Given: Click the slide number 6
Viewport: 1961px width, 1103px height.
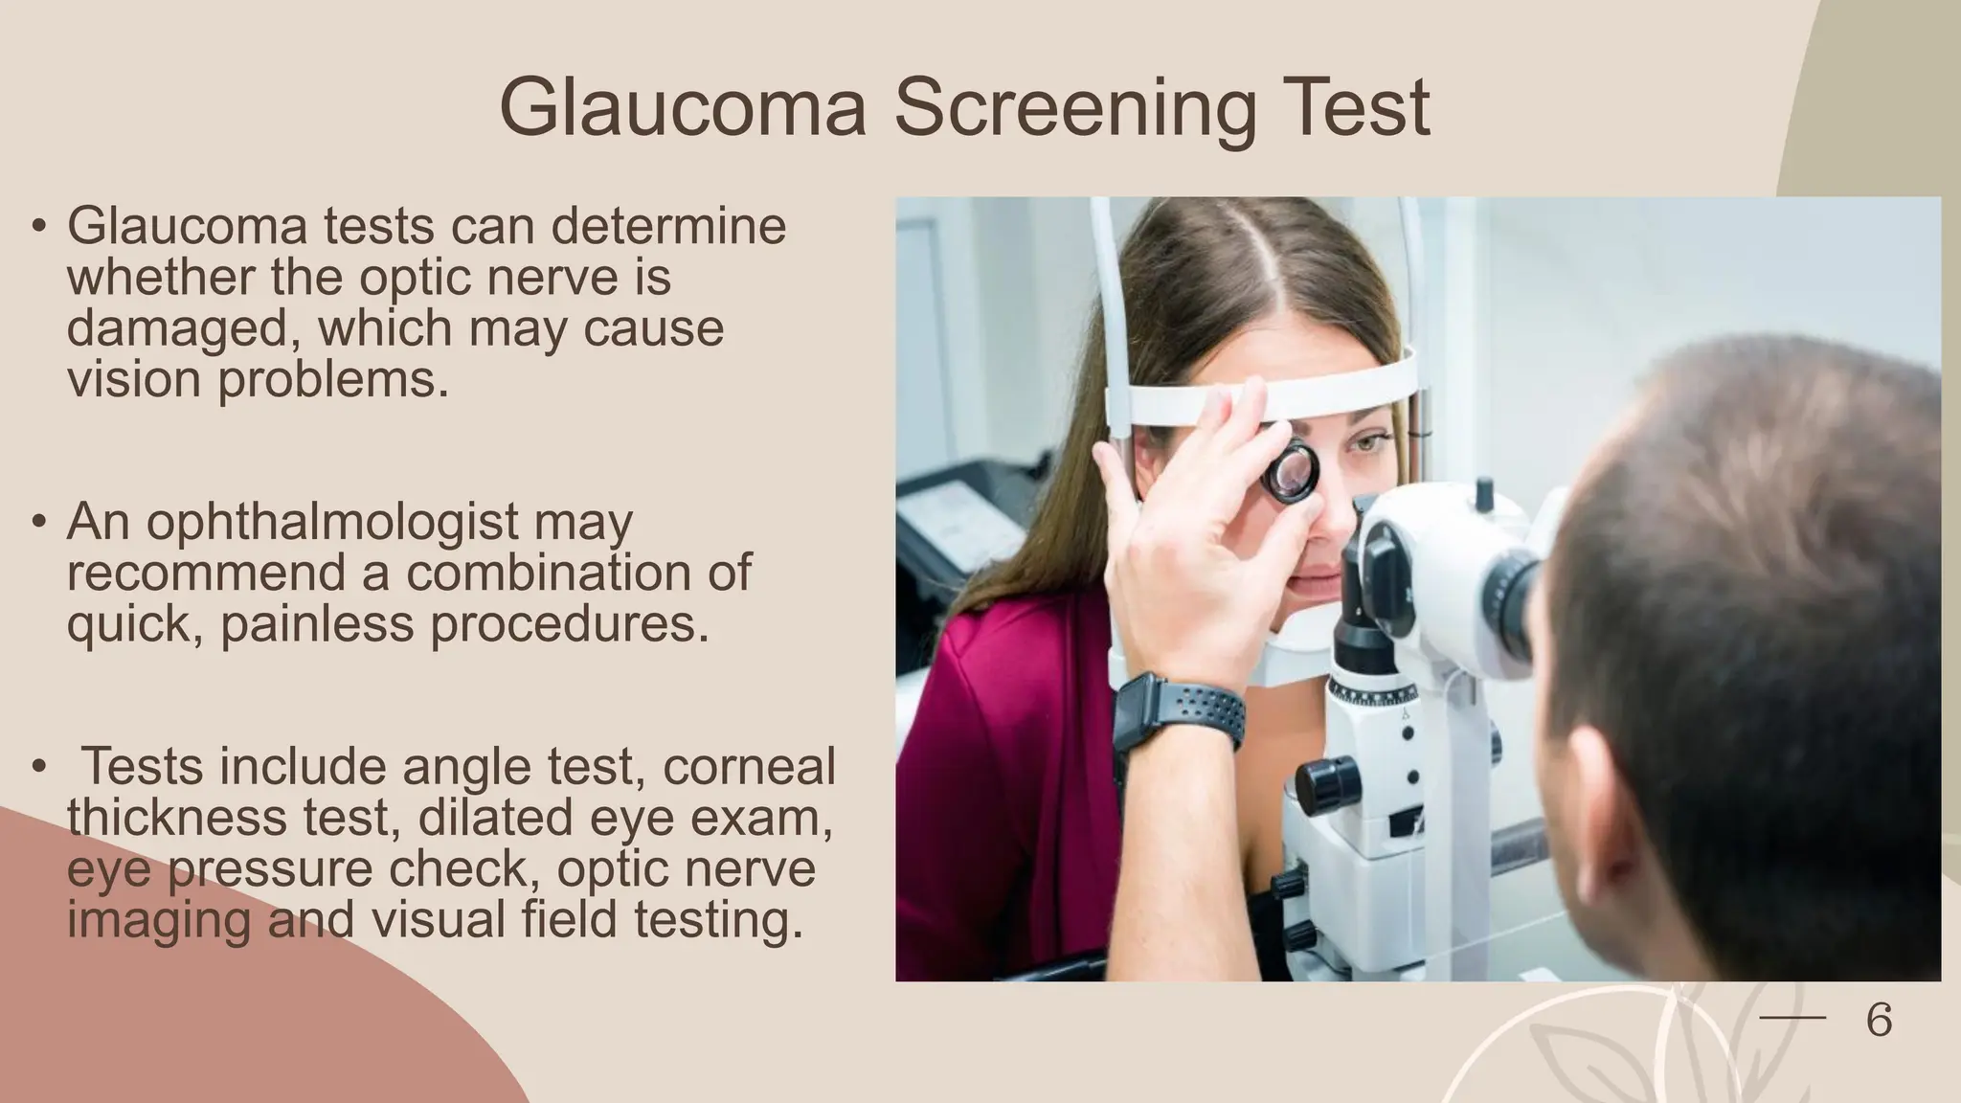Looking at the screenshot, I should pyautogui.click(x=1879, y=1021).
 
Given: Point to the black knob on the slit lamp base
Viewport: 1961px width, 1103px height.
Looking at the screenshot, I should pyautogui.click(x=1327, y=783).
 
